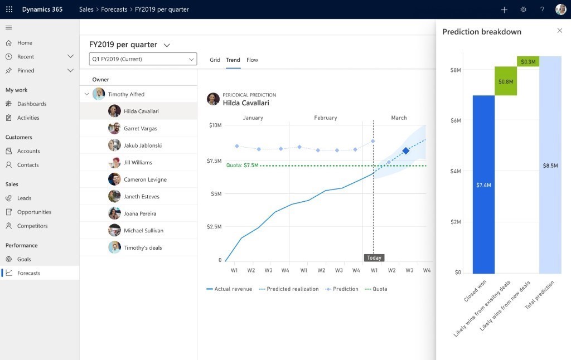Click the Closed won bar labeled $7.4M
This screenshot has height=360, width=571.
[x=483, y=184]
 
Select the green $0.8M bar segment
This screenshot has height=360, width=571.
[x=506, y=81]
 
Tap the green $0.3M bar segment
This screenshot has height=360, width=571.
[x=528, y=61]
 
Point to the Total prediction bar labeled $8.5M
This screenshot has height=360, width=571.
[x=550, y=165]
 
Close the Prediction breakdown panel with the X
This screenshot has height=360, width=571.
[x=560, y=31]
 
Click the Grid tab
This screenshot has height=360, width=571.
[x=215, y=60]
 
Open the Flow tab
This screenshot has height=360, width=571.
[x=252, y=60]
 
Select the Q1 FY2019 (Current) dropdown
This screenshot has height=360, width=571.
[x=143, y=59]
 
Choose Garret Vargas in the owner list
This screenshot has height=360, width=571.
[x=141, y=128]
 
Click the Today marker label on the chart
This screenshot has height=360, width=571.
[x=374, y=258]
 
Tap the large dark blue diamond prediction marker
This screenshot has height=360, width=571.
[x=406, y=151]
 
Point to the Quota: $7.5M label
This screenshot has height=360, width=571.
[x=242, y=166]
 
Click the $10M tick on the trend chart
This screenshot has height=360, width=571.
[x=215, y=125]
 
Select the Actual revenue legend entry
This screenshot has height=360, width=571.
[x=229, y=289]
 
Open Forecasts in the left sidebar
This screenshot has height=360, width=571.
[x=28, y=273]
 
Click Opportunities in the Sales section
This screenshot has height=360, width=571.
[x=34, y=212]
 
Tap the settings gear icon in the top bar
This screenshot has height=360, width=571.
[x=523, y=9]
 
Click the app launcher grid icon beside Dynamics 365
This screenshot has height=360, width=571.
[x=9, y=9]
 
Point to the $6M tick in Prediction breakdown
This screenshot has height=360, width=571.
[x=455, y=120]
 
